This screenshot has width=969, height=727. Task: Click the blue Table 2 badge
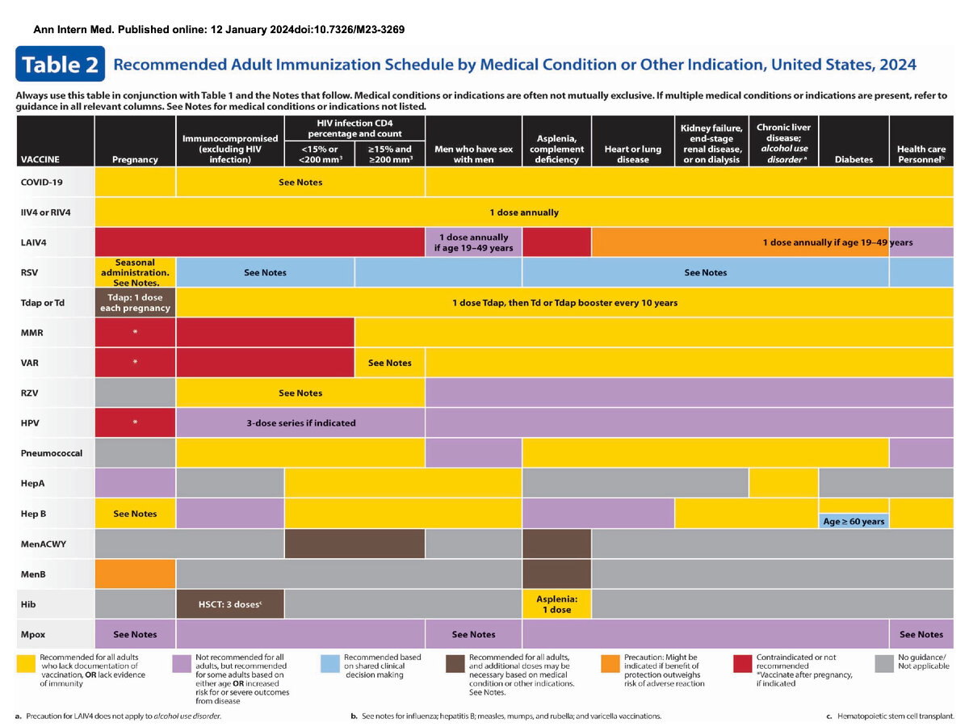point(61,65)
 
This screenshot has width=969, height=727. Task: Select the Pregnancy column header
point(135,159)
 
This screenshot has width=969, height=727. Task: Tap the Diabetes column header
point(854,159)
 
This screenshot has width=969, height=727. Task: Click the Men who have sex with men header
point(473,154)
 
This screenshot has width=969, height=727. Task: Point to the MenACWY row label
point(44,544)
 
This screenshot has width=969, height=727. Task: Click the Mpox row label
point(37,634)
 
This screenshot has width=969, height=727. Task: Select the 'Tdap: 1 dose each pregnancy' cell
point(135,302)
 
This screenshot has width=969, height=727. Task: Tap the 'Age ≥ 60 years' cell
point(854,521)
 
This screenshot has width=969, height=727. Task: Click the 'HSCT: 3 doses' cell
point(230,603)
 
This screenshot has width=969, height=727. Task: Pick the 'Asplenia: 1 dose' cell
point(556,603)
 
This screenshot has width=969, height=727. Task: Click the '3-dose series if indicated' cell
point(300,422)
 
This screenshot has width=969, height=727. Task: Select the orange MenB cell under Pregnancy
point(135,574)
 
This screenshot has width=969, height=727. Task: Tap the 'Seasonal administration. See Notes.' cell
point(135,272)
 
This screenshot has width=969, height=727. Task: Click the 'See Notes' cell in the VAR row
point(389,363)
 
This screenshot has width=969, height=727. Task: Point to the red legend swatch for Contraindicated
point(744,662)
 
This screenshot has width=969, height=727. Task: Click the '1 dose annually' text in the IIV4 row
point(523,212)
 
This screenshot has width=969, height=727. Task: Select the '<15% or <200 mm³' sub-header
point(319,153)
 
